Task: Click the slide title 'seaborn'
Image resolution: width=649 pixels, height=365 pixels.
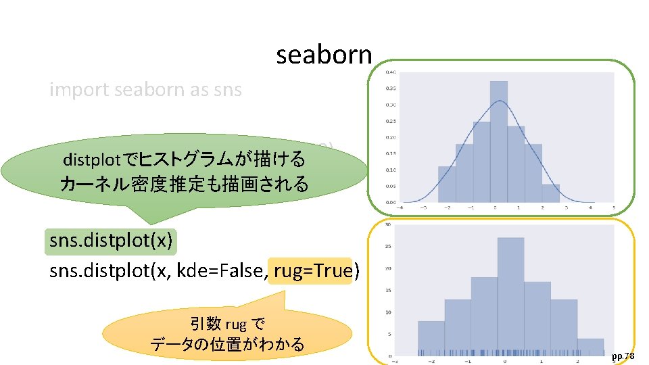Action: pyautogui.click(x=324, y=55)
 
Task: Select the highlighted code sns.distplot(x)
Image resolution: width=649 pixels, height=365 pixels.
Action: pyautogui.click(x=112, y=241)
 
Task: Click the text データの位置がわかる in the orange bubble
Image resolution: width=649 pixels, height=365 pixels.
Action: pyautogui.click(x=227, y=344)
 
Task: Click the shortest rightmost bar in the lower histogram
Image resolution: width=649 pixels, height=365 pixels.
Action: pyautogui.click(x=590, y=347)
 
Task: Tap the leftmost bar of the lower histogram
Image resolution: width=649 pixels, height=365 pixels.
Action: pyautogui.click(x=431, y=338)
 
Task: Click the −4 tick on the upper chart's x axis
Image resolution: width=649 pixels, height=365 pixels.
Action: pyautogui.click(x=404, y=208)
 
